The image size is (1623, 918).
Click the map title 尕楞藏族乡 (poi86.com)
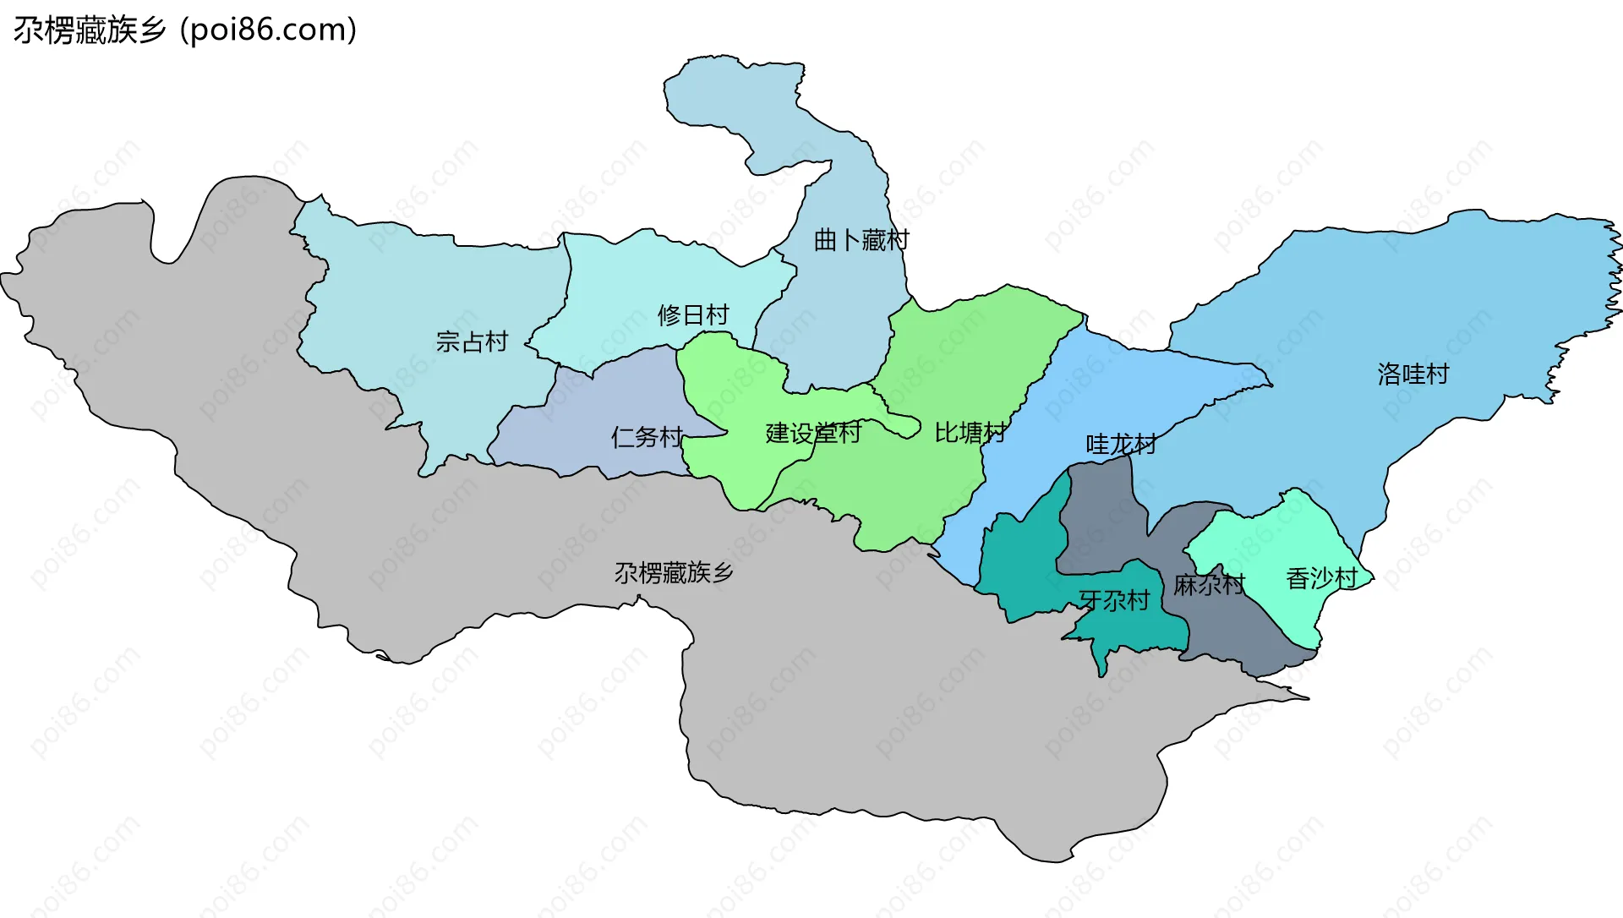(184, 30)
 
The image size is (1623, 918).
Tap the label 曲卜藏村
(861, 240)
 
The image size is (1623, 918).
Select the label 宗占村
(472, 342)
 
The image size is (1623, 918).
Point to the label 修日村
(693, 315)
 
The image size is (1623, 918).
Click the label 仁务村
(647, 437)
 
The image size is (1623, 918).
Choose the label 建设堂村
(812, 433)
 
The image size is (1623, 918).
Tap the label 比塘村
(970, 433)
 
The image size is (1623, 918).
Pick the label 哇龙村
(1121, 444)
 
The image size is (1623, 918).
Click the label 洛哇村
(1413, 374)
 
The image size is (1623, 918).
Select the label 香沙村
(1321, 578)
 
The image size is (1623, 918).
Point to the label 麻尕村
(1209, 584)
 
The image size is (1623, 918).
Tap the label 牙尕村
(1114, 600)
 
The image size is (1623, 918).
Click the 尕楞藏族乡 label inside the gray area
(674, 573)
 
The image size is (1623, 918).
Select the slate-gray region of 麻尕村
(1099, 516)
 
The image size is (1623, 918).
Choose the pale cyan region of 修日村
(642, 279)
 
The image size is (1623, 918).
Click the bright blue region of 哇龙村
(1090, 380)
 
